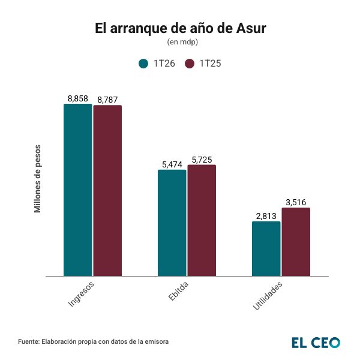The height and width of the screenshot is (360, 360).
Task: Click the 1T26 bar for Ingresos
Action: (x=78, y=190)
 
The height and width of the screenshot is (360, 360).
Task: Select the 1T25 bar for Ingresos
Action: (x=107, y=191)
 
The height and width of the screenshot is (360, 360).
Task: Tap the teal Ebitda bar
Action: (x=172, y=223)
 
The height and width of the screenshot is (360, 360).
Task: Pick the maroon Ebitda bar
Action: (x=202, y=220)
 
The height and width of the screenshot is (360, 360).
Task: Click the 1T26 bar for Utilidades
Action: (x=266, y=249)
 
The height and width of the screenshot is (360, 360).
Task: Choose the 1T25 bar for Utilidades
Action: (x=296, y=242)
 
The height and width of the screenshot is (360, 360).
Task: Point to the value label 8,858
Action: (x=78, y=99)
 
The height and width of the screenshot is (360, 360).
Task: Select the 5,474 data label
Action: (x=172, y=164)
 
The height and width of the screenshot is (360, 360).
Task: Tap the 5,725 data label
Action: (x=202, y=160)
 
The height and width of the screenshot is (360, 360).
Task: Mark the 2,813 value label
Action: (x=266, y=216)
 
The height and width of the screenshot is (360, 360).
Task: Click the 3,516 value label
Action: (x=296, y=202)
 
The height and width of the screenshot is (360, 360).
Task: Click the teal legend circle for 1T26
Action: (x=143, y=64)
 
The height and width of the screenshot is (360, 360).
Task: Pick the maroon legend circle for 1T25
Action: (x=190, y=64)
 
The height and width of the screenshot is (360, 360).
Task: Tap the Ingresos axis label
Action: (x=81, y=293)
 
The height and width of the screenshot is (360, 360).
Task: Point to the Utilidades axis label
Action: (x=267, y=295)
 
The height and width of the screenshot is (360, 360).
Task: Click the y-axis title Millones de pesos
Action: (x=37, y=179)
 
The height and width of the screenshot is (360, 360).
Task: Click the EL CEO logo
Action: (x=316, y=342)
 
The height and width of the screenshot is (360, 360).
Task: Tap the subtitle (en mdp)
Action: (x=180, y=42)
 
